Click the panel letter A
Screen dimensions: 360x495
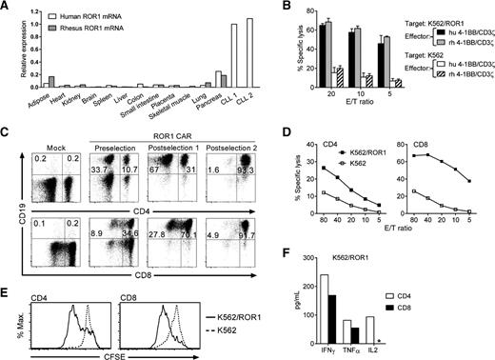tap(7, 8)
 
